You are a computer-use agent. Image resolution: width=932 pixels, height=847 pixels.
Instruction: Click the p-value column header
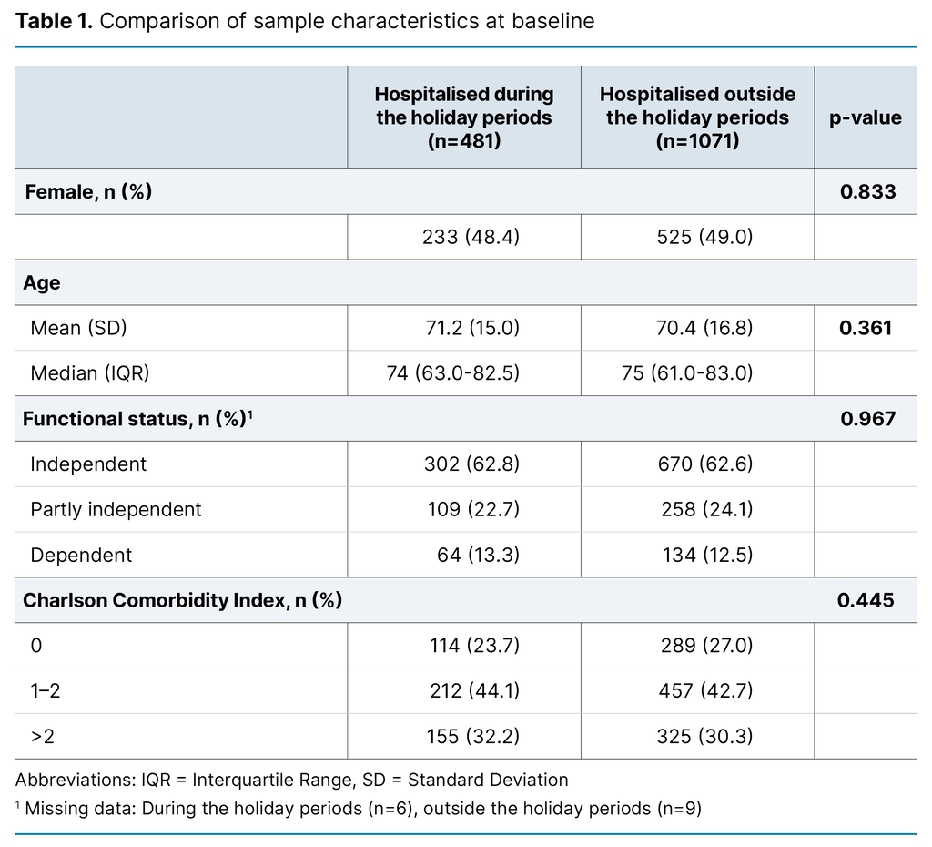pos(865,117)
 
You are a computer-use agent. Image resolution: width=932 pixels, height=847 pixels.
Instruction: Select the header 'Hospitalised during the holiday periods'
pos(463,117)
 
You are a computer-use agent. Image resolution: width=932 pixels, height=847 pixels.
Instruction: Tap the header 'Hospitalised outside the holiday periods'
pos(697,117)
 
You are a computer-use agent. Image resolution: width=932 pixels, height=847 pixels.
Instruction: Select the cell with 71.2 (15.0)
pos(471,328)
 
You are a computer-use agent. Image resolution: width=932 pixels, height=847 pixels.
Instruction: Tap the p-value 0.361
pos(866,328)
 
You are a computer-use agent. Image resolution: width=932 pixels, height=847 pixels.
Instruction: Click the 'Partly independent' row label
pos(116,509)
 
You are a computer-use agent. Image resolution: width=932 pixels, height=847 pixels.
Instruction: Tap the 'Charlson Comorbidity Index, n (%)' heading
pos(182,600)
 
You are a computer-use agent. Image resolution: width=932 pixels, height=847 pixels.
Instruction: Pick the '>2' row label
pos(42,736)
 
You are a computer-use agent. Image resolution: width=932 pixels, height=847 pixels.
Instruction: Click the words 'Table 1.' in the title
pos(53,21)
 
